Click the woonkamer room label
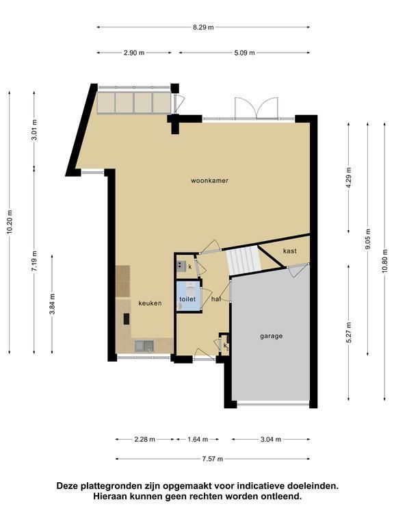(210, 181)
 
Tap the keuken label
(150, 303)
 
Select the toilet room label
(187, 299)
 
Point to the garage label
(272, 336)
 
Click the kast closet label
(290, 251)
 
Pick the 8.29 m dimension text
(203, 27)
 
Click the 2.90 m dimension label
(134, 53)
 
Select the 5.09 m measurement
(245, 53)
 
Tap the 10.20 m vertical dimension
(10, 222)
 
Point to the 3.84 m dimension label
(52, 304)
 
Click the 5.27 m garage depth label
(349, 332)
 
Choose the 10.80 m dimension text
(384, 262)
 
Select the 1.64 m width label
(198, 440)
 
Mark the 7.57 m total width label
(213, 459)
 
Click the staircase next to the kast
(244, 260)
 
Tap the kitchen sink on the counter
(144, 346)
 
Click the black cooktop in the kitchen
(127, 318)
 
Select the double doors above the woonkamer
(257, 108)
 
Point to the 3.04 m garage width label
(271, 440)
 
